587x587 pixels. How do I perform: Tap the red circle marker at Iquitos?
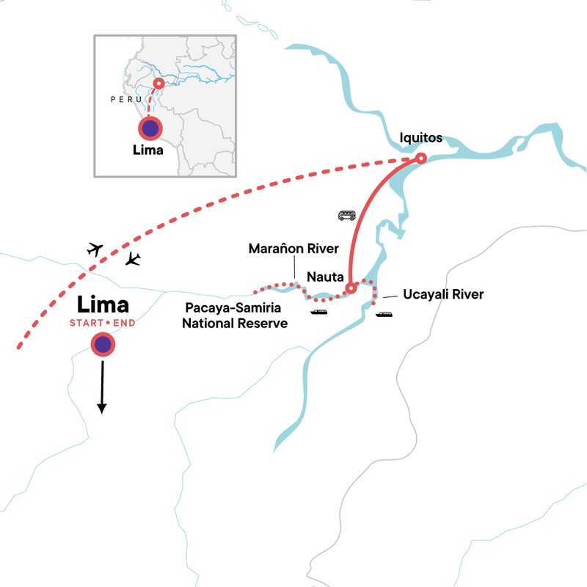point(421,158)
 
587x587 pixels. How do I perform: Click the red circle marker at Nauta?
point(351,288)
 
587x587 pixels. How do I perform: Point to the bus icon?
point(346,215)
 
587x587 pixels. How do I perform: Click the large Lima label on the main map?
point(103,304)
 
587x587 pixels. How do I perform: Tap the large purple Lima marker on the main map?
point(103,344)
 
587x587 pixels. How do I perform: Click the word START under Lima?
point(86,324)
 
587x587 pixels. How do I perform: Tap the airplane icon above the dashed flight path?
point(95,249)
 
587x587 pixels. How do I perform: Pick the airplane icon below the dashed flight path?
point(133,258)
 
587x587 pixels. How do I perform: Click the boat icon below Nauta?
point(319,313)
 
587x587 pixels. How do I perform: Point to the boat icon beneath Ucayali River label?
point(384,315)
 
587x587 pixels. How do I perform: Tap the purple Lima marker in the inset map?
point(150,128)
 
